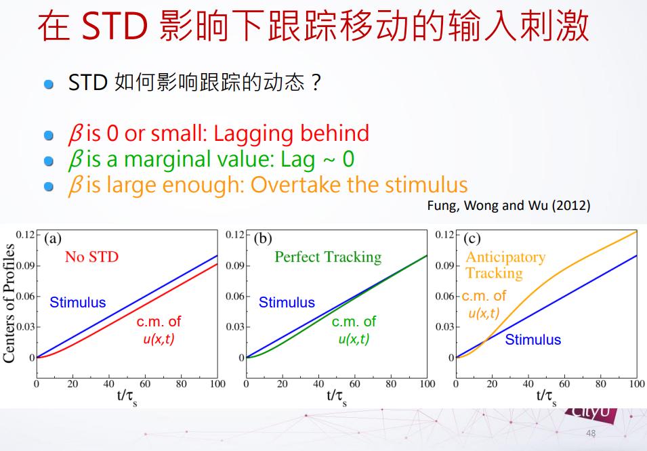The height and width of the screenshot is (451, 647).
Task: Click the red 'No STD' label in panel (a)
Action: coord(91,257)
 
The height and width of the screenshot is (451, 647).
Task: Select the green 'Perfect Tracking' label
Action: coord(328,257)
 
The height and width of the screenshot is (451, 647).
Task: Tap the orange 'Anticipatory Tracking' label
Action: coord(505,265)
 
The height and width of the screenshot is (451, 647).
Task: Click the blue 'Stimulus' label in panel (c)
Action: coord(533,339)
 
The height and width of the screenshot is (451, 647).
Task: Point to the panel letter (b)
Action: coord(263,238)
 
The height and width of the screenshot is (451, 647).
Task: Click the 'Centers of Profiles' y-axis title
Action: coord(9,303)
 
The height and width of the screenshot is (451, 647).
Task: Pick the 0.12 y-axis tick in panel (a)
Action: coord(26,235)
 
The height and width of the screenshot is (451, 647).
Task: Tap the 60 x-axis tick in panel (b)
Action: coord(354,384)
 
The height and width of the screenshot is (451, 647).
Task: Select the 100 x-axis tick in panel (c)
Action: coord(637,384)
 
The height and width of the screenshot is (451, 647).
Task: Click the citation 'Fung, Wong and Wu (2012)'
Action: coord(509,205)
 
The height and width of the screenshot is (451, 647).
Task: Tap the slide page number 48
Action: coord(591,433)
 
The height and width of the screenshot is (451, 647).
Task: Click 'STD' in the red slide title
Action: coord(114,26)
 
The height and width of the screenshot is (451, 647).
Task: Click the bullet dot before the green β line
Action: coord(49,161)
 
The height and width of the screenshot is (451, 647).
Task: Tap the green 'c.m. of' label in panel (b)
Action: coord(354,322)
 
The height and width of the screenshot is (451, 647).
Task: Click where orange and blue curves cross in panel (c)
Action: coord(486,340)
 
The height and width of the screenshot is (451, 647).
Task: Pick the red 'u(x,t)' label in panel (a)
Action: coord(159,339)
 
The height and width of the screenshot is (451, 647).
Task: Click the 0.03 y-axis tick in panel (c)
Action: coord(445,327)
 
